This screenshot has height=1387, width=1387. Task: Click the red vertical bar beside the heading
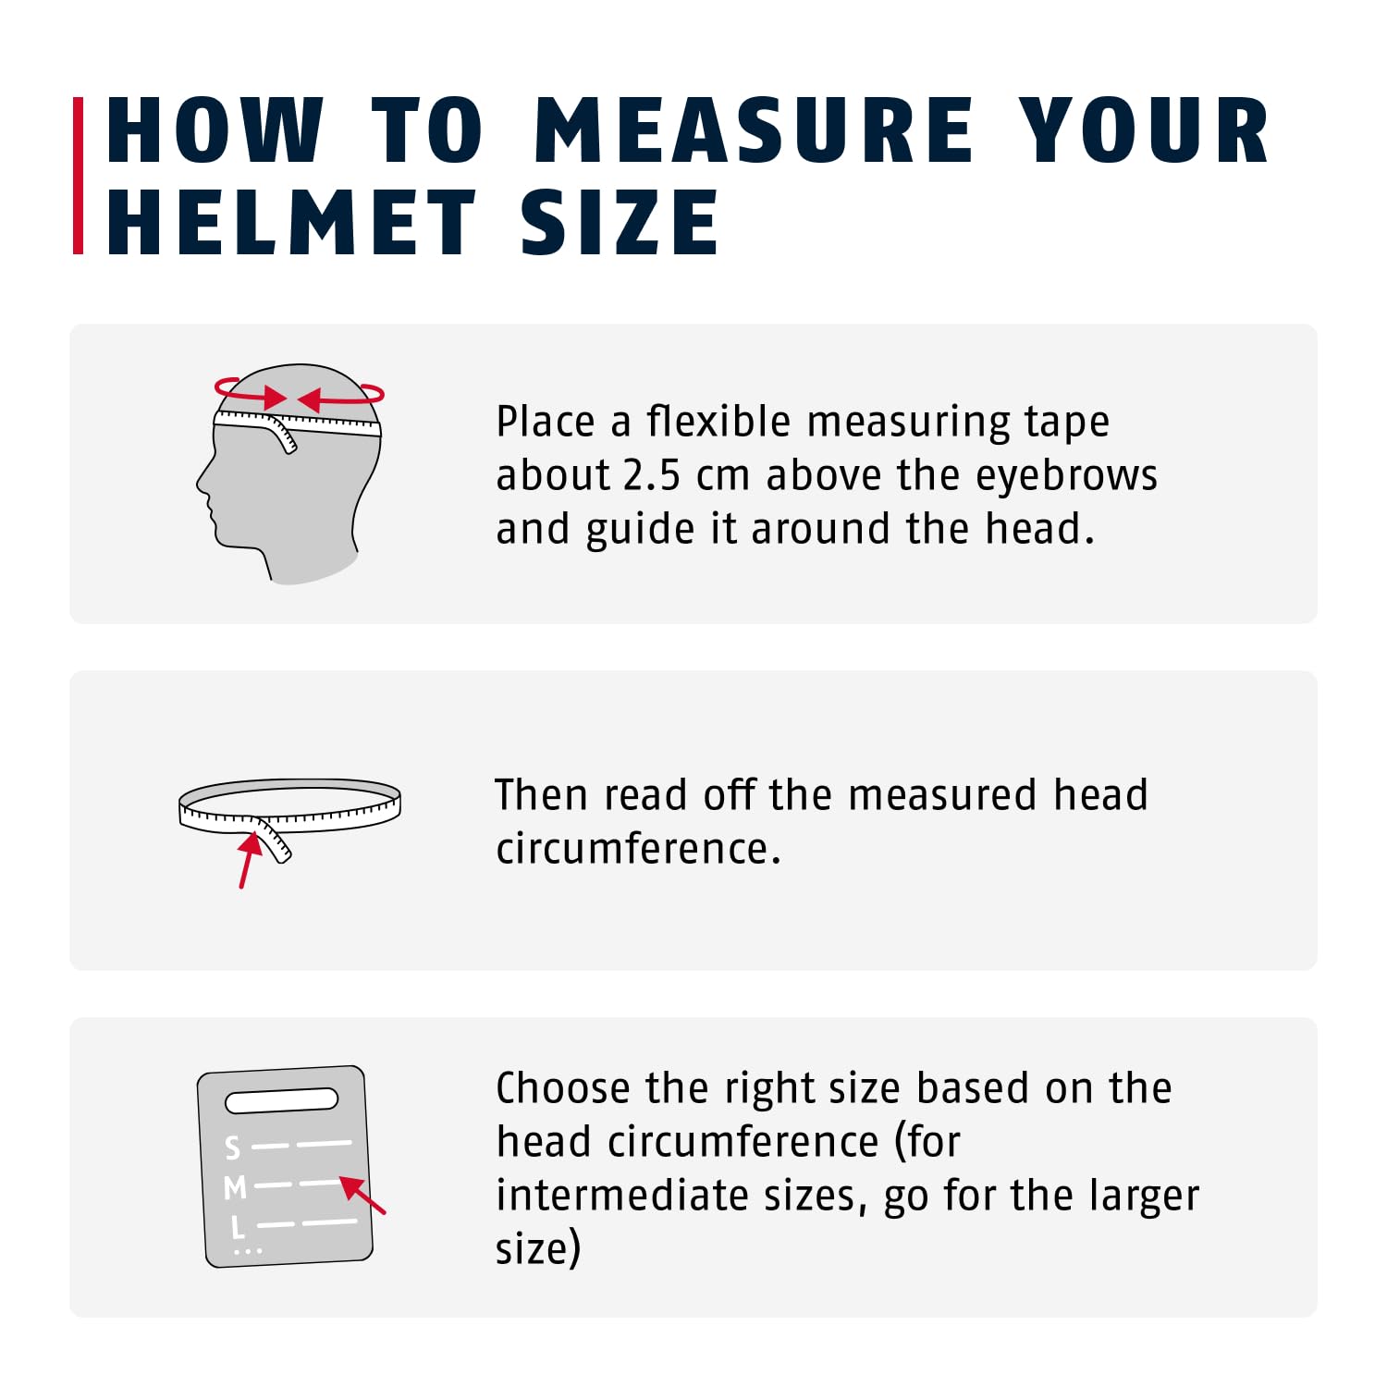(x=79, y=176)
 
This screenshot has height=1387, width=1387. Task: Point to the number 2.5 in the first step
(x=652, y=475)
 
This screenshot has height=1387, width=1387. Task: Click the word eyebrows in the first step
(x=1066, y=475)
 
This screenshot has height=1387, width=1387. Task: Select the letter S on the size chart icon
(x=232, y=1148)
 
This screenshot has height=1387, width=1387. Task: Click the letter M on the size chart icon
(x=235, y=1186)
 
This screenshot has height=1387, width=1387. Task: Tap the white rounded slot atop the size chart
(x=282, y=1100)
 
